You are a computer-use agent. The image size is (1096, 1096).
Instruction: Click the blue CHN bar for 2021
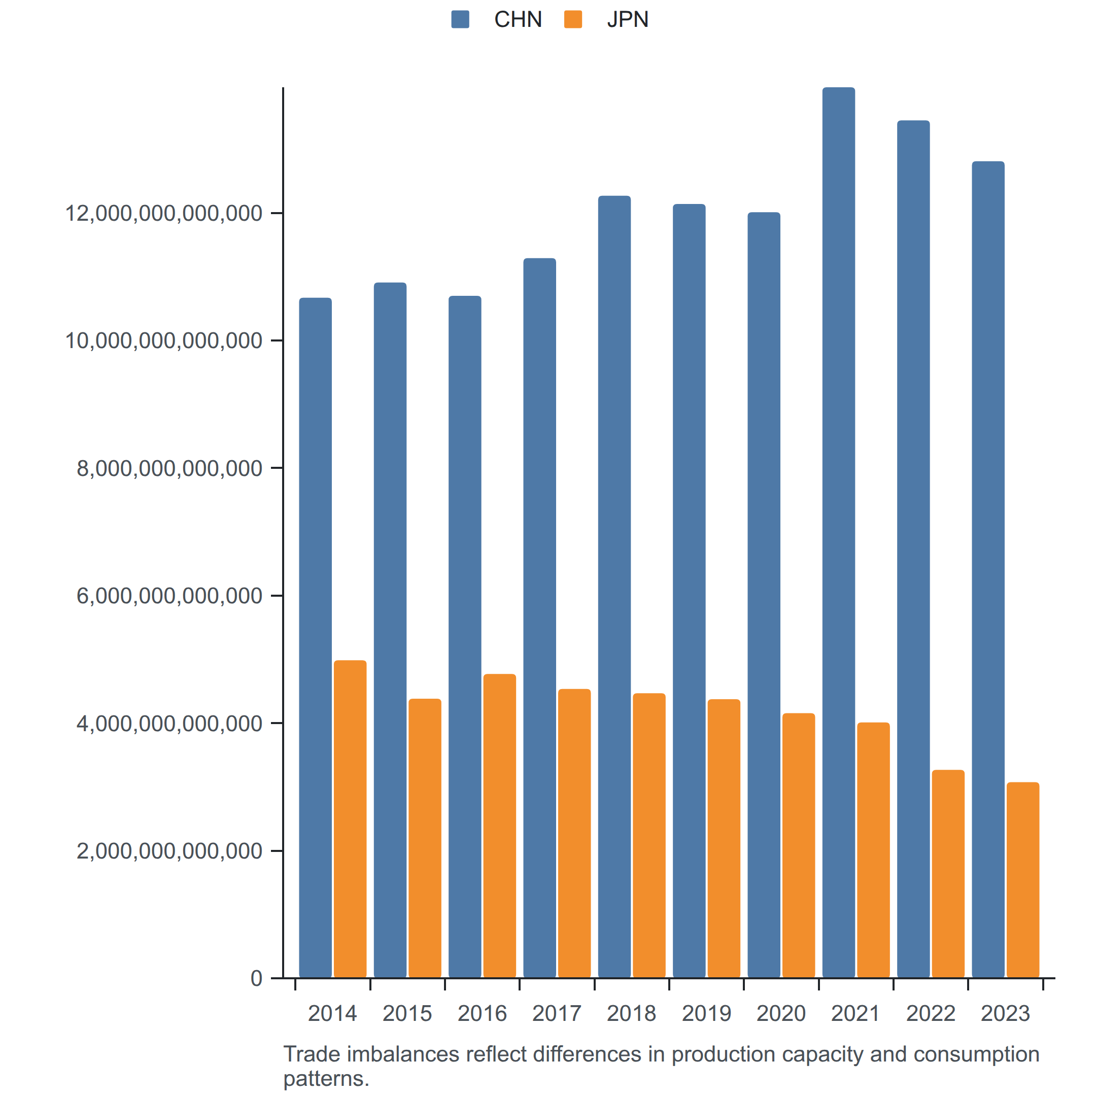point(838,532)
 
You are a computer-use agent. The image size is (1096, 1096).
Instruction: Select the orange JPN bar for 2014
point(350,818)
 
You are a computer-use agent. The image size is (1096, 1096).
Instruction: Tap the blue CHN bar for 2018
point(614,587)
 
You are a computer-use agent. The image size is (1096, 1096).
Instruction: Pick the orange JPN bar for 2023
point(1023,880)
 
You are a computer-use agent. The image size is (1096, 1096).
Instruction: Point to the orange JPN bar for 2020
point(799,845)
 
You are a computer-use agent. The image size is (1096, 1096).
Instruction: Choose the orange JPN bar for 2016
point(500,826)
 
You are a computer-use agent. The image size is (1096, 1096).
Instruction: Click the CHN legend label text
point(518,19)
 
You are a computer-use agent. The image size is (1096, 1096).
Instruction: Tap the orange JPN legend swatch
point(573,19)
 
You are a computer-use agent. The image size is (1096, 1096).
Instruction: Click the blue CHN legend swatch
point(460,19)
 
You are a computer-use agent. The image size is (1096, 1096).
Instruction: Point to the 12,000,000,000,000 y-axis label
point(164,213)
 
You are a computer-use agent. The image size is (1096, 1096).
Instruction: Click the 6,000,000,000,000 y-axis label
point(169,596)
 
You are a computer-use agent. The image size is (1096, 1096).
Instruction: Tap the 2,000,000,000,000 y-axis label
point(169,851)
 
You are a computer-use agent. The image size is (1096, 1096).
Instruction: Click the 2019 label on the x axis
point(706,1013)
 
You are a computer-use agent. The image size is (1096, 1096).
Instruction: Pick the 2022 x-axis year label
point(931,1013)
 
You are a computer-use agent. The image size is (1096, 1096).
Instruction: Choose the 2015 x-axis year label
point(407,1013)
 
